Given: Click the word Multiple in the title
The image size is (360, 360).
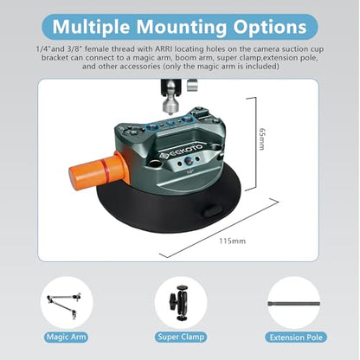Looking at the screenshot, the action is tap(91, 27).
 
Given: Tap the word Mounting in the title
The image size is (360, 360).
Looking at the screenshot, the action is tap(182, 27).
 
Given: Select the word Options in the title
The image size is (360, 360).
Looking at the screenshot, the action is tap(270, 27).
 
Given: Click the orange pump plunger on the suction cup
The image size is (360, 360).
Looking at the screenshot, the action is tap(97, 170).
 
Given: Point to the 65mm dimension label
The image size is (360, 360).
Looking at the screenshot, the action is tap(261, 138).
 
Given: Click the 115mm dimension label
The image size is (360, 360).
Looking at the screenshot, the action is tap(233, 241).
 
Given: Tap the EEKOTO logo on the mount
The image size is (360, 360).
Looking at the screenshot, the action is tap(182, 151).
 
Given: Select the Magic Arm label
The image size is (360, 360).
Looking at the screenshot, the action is tap(67, 337).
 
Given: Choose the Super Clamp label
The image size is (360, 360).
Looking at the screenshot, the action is tap(181, 337).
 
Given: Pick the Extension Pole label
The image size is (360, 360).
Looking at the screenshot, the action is tap(296, 337).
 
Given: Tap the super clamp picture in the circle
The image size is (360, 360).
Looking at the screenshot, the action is tap(179, 303).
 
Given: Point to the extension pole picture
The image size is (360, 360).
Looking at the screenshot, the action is tap(294, 304).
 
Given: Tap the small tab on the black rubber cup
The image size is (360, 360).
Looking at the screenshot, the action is tap(213, 211).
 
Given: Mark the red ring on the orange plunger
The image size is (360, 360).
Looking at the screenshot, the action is tap(105, 170).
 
